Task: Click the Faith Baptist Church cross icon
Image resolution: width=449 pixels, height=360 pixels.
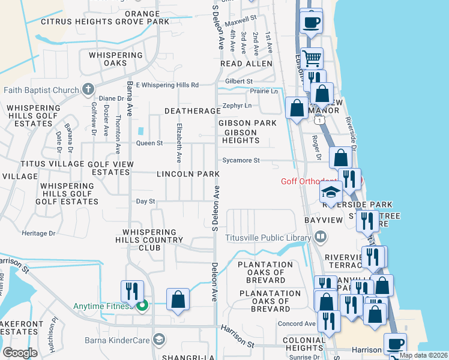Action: click(88, 90)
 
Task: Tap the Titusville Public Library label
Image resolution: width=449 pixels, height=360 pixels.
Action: click(268, 237)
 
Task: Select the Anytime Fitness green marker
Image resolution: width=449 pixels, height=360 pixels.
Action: click(142, 306)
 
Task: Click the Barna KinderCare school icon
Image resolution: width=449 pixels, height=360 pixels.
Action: click(158, 339)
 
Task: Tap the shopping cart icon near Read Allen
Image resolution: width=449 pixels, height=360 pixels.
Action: click(312, 59)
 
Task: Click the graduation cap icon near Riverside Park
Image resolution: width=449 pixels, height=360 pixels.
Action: click(331, 193)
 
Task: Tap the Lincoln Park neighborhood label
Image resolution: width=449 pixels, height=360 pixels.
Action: click(187, 174)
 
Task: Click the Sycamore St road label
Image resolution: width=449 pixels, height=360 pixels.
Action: click(240, 161)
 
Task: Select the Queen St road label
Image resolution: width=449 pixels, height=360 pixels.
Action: click(149, 143)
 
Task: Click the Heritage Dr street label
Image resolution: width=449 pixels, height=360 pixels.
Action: click(38, 233)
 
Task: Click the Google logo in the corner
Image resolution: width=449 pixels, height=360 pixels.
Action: click(20, 352)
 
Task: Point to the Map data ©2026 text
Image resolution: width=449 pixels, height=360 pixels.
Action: click(423, 355)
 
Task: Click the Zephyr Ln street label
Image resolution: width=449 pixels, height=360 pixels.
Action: click(236, 105)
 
